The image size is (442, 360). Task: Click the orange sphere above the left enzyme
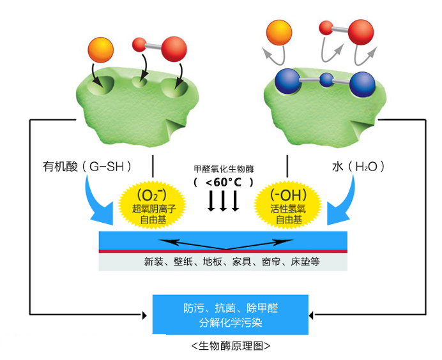pyautogui.click(x=98, y=50)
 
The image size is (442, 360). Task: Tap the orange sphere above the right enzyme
pyautogui.click(x=279, y=32)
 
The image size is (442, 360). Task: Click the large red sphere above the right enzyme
pyautogui.click(x=358, y=33)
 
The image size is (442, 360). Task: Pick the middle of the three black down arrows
pyautogui.click(x=224, y=201)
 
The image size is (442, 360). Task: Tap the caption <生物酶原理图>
pyautogui.click(x=231, y=347)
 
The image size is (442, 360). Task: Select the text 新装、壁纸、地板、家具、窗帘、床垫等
pyautogui.click(x=224, y=261)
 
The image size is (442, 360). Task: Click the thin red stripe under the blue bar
pyautogui.click(x=224, y=251)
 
